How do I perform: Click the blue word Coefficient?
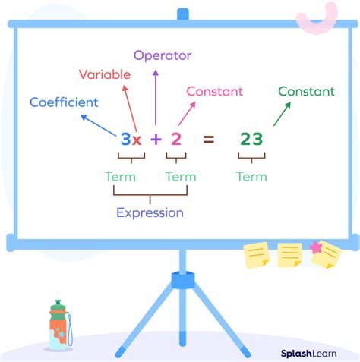pos(63,102)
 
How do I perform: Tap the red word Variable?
pos(105,74)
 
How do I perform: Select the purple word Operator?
pos(163,55)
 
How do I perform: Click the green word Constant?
pos(306,91)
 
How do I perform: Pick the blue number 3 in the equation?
pos(125,139)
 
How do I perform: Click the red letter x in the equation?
pos(137,140)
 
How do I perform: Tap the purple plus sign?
pos(155,139)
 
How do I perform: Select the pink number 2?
pos(175,139)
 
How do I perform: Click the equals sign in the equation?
pos(208,139)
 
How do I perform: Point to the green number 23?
pos(251,139)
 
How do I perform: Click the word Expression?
pos(150,212)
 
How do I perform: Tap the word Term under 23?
pos(251,177)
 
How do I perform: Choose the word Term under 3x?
pos(120,177)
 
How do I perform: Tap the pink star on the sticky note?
pos(316,247)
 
